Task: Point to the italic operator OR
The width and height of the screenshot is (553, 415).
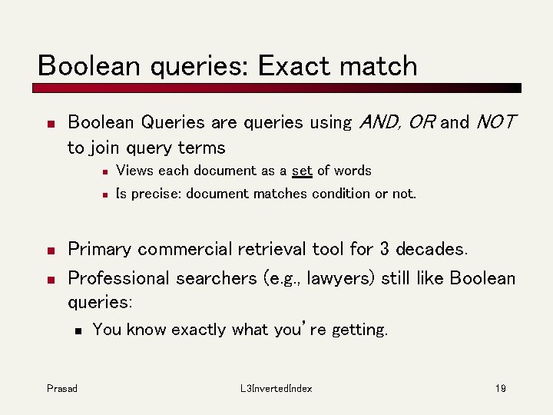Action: (422, 122)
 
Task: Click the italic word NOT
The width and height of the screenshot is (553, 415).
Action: (496, 122)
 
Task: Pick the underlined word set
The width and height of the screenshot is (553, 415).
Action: (302, 171)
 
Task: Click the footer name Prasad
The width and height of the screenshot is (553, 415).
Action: (61, 389)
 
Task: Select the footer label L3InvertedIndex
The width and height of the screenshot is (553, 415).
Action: (276, 389)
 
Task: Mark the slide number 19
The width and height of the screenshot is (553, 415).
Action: (500, 389)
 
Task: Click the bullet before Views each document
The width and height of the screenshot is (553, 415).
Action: (103, 171)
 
